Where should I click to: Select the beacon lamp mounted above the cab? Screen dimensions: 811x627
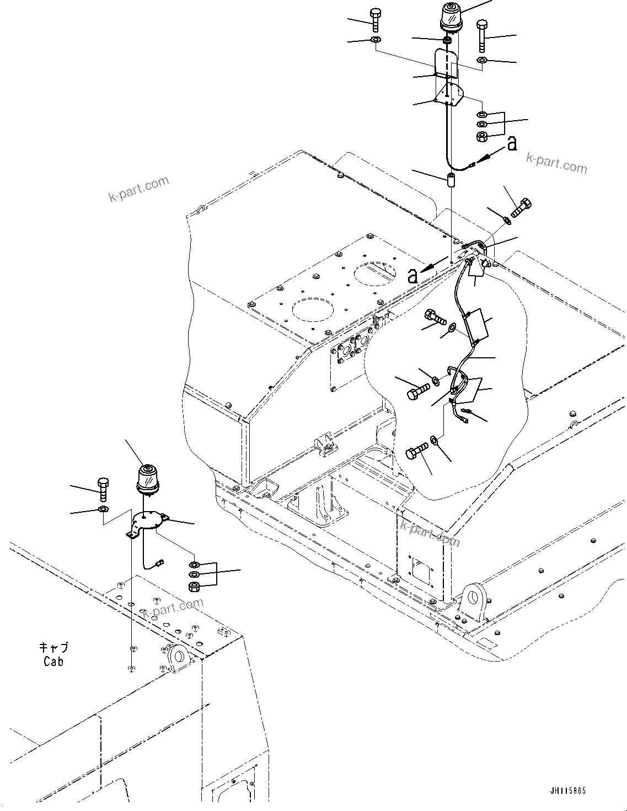coord(147,477)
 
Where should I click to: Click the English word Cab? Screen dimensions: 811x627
coord(53,661)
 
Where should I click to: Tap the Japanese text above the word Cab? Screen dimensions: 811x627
coord(53,648)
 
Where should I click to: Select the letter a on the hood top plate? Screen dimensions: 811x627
coord(412,276)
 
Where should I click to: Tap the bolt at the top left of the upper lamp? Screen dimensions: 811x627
coord(375,20)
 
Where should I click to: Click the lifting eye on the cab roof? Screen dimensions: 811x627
coord(178,657)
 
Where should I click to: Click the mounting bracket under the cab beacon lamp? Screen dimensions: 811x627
coord(146,522)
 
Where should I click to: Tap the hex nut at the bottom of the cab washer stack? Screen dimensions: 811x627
coord(194,586)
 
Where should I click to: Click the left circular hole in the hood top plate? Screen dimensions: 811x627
coord(313,310)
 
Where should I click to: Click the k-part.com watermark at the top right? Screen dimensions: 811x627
coord(556,162)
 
